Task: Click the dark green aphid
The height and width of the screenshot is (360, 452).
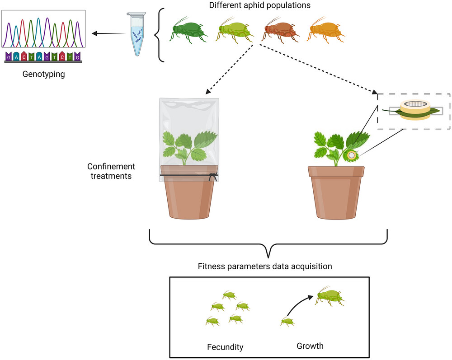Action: point(188,31)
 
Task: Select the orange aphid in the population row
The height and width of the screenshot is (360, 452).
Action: point(326,31)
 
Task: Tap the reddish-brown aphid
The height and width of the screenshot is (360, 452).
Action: point(281,31)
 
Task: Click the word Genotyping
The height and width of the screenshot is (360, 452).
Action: point(43,74)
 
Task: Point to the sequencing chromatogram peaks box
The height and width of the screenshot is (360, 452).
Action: point(43,29)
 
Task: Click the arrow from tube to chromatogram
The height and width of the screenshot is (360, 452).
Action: point(108,34)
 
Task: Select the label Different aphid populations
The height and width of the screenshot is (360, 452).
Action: point(260,5)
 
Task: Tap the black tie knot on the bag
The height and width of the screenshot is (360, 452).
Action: point(213,176)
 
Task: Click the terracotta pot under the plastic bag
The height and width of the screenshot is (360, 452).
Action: point(189,192)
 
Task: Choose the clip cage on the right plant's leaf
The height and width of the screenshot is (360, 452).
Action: point(351,155)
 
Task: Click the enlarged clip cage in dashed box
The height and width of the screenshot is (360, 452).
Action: point(415,110)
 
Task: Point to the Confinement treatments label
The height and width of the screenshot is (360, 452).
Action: point(111,171)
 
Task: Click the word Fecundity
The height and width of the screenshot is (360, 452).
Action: point(225,347)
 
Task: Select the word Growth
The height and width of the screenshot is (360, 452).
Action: point(310,346)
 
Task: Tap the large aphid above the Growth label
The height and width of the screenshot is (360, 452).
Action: point(330,297)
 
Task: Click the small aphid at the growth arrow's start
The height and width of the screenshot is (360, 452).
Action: point(287,322)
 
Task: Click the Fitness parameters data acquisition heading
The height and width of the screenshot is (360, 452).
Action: point(265,266)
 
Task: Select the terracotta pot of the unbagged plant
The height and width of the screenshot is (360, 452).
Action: point(336,193)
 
